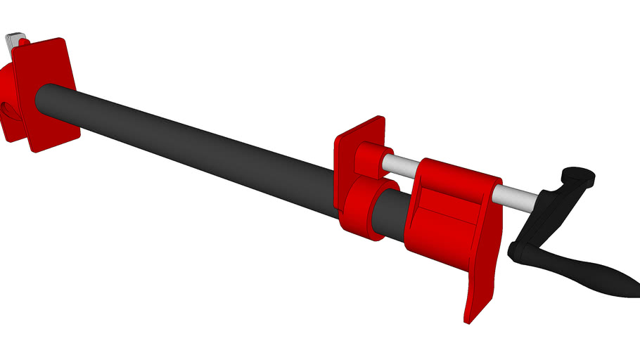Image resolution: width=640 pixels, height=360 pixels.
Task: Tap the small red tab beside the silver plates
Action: tap(23, 43)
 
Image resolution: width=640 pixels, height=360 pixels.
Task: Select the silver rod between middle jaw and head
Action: tap(401, 166)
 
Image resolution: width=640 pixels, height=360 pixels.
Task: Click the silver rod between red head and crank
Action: tap(520, 195)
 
